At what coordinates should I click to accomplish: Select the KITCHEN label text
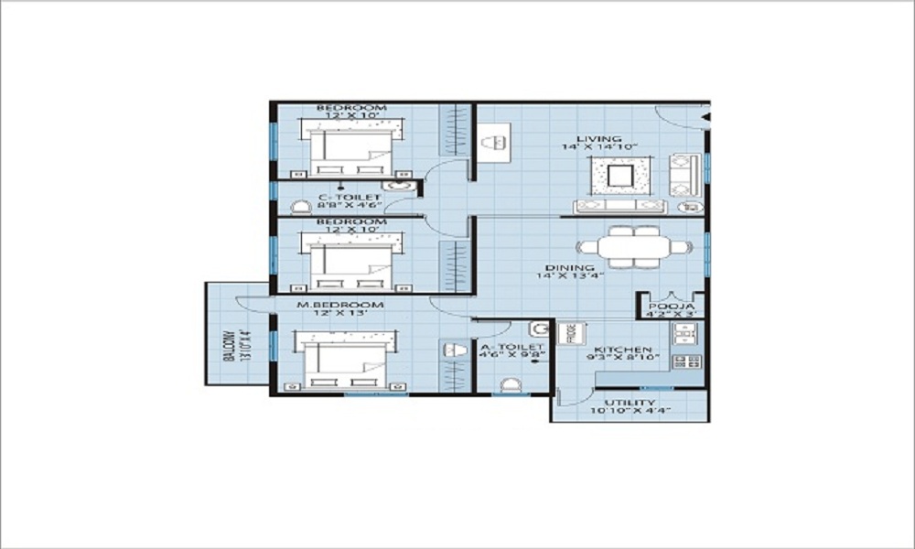pos(622,350)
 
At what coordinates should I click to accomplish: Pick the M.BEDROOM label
pos(339,304)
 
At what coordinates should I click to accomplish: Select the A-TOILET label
pos(512,348)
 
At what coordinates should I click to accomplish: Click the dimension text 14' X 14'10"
pos(599,146)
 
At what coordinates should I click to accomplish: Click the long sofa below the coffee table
pos(619,204)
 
